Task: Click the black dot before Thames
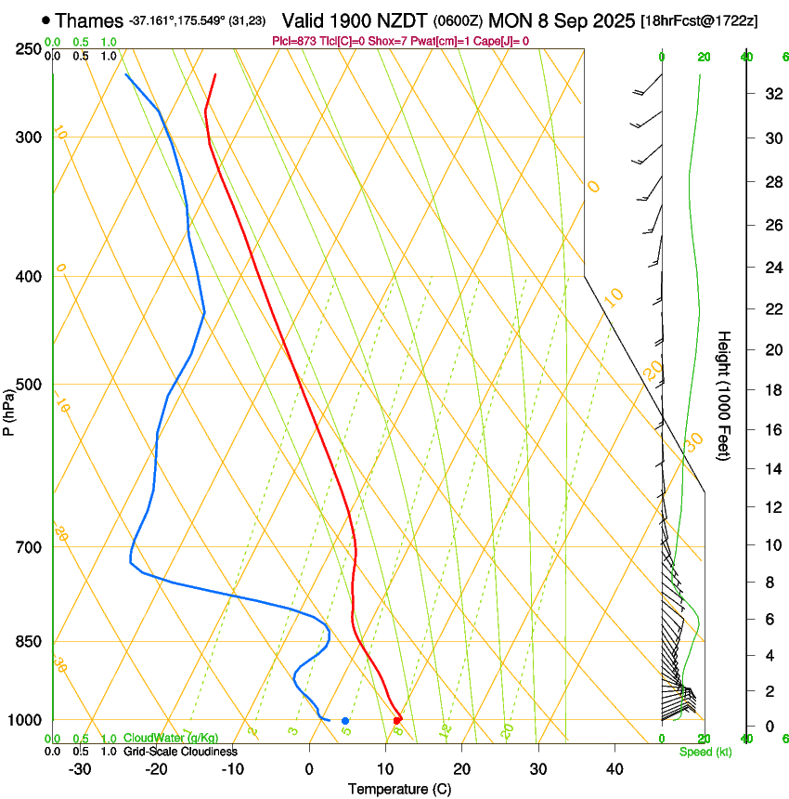coord(45,20)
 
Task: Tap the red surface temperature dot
coord(397,720)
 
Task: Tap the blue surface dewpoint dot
coord(344,720)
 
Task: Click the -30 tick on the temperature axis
coord(80,768)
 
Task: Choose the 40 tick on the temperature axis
coord(614,768)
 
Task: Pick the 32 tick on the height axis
coord(771,94)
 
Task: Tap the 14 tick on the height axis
coord(771,469)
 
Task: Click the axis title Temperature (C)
coord(399,789)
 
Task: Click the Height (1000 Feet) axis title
coord(725,395)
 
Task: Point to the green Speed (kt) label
coord(705,752)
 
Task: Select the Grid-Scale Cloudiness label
coord(180,751)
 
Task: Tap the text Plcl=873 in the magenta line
coord(293,41)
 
